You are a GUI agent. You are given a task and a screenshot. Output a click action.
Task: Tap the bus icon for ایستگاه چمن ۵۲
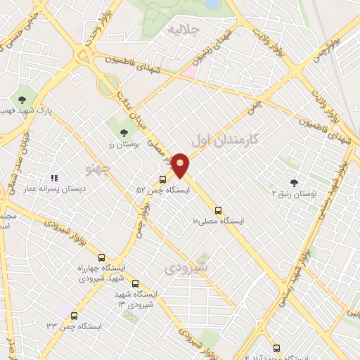pyautogui.click(x=163, y=179)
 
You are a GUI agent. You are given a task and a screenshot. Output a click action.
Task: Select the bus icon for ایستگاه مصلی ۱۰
pyautogui.click(x=218, y=210)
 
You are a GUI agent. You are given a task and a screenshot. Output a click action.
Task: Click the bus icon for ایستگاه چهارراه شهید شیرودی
pyautogui.click(x=102, y=258)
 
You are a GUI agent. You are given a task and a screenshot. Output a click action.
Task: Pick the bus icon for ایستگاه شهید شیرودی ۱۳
pyautogui.click(x=135, y=283)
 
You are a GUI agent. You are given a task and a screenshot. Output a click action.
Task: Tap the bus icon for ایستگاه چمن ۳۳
pyautogui.click(x=75, y=316)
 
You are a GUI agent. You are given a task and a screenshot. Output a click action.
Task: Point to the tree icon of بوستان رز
pyautogui.click(x=124, y=131)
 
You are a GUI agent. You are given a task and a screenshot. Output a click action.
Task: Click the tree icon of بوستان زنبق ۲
pyautogui.click(x=293, y=182)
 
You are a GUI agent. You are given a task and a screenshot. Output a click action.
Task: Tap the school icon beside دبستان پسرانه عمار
pyautogui.click(x=54, y=178)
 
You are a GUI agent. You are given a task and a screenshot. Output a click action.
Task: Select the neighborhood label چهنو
pyautogui.click(x=98, y=169)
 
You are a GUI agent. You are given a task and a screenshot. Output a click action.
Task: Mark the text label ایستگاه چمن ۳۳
pyautogui.click(x=75, y=327)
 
